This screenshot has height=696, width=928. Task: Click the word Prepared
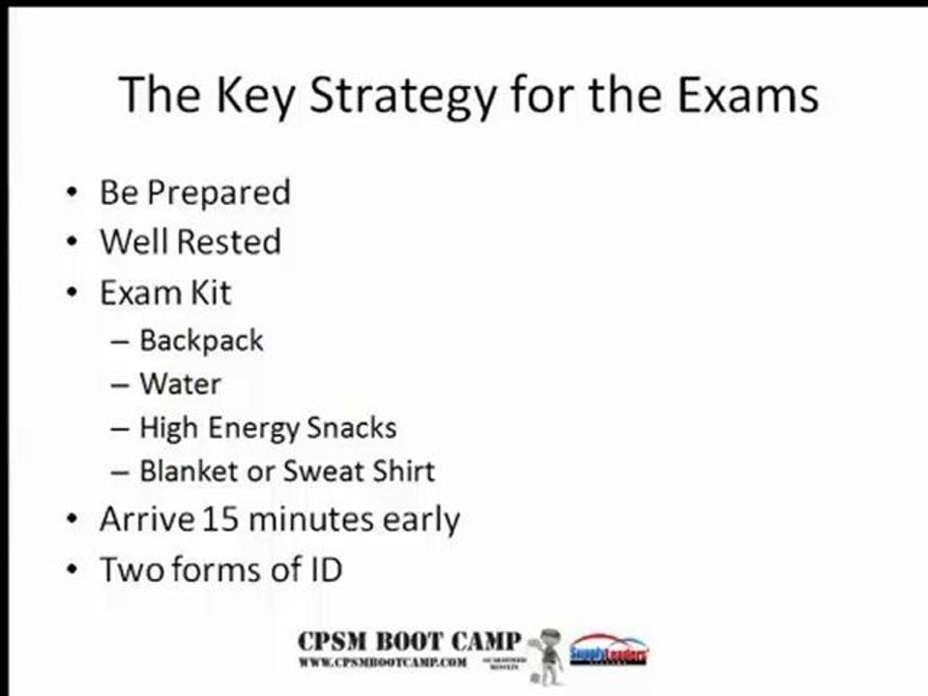[217, 192]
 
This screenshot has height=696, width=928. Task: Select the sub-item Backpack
[201, 340]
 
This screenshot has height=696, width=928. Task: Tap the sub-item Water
[180, 384]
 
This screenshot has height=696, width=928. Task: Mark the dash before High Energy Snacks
[120, 428]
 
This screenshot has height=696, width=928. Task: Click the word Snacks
[352, 427]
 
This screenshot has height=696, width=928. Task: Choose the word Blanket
[188, 471]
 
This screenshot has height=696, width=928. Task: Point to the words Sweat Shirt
[359, 471]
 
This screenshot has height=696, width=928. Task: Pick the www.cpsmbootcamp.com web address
[384, 662]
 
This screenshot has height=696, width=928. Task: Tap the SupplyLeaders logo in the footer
[609, 650]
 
